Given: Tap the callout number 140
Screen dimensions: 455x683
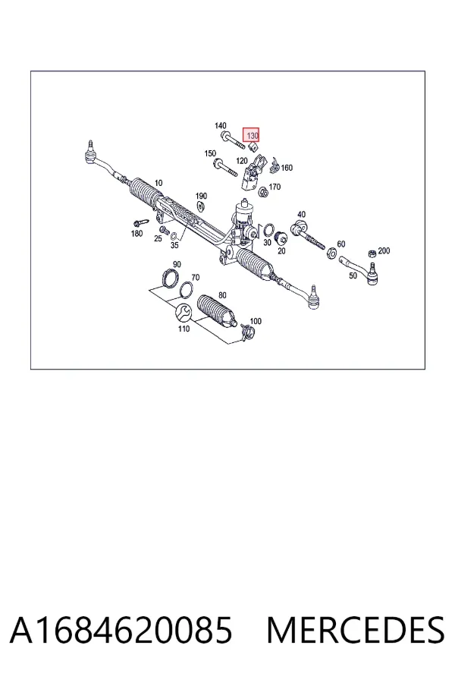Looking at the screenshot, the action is click(x=221, y=126).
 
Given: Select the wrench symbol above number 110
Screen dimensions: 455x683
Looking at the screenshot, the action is click(x=183, y=312).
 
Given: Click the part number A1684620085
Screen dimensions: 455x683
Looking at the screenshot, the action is click(x=121, y=630).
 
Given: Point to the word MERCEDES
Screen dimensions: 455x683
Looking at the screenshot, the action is click(x=356, y=630).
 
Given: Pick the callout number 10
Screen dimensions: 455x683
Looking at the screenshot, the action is click(x=158, y=183).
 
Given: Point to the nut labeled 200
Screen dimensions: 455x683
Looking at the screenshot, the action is click(x=372, y=253).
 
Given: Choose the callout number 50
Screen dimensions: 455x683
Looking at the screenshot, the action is click(x=353, y=275).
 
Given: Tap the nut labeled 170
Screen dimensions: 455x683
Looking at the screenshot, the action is click(x=263, y=191).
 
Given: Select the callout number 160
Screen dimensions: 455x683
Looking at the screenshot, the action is click(x=287, y=168).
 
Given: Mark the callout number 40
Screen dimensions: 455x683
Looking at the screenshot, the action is click(x=301, y=214).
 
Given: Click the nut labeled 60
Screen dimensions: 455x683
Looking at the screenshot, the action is click(x=331, y=252).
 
